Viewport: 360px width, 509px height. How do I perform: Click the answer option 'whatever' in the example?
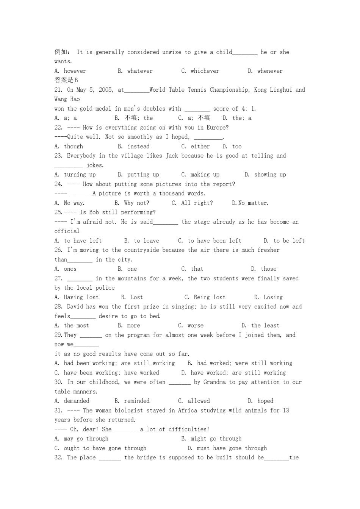(140, 71)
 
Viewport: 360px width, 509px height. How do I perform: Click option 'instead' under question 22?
(138, 146)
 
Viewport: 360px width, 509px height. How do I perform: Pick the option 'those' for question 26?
(268, 269)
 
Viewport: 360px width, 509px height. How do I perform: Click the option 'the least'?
(265, 326)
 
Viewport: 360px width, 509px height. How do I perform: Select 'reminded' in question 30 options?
(137, 401)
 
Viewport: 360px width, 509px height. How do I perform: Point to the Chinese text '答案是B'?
(66, 80)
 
